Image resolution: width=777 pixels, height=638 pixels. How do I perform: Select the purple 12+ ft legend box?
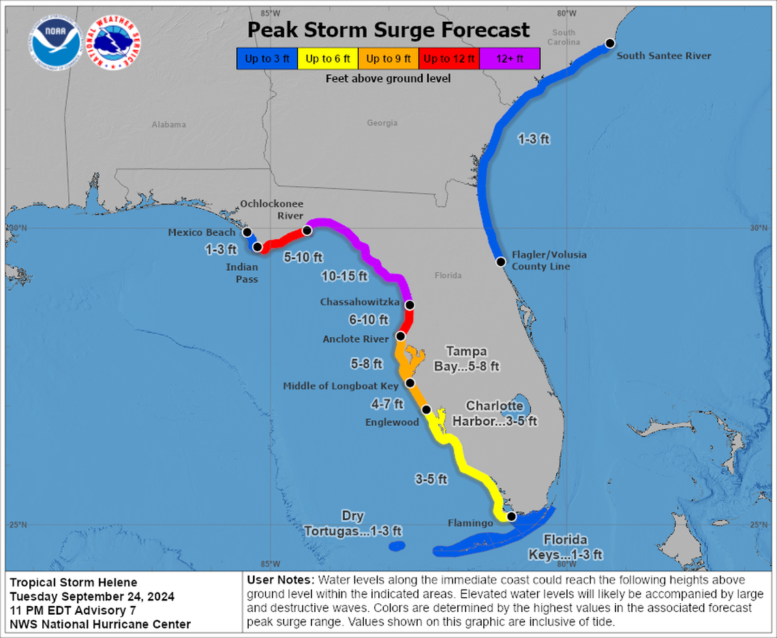[510, 59]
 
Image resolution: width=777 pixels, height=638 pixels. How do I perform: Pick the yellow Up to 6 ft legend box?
[328, 59]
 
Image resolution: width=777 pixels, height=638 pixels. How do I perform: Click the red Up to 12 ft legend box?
[449, 59]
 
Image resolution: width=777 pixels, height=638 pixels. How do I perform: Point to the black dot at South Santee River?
[610, 43]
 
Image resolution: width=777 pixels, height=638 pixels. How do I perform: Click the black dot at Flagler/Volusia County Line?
[500, 261]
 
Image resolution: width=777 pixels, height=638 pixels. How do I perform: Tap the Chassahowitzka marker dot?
[410, 304]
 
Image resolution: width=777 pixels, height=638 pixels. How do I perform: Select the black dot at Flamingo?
[511, 517]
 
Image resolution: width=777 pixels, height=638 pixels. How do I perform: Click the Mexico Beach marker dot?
[247, 232]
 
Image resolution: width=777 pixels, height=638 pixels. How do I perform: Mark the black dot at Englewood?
[426, 409]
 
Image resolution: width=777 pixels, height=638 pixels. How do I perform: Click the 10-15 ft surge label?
[344, 276]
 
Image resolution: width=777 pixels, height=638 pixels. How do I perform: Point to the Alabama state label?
[168, 125]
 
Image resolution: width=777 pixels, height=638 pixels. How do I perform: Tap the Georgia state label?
[382, 124]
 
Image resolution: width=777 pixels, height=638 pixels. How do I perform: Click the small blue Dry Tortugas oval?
[396, 546]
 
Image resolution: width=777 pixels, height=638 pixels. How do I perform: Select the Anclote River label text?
[356, 338]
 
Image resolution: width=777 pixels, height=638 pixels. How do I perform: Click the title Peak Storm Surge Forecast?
[388, 30]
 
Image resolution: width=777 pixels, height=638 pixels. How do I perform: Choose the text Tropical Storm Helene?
[74, 582]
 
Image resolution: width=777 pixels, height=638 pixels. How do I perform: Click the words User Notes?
[279, 579]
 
